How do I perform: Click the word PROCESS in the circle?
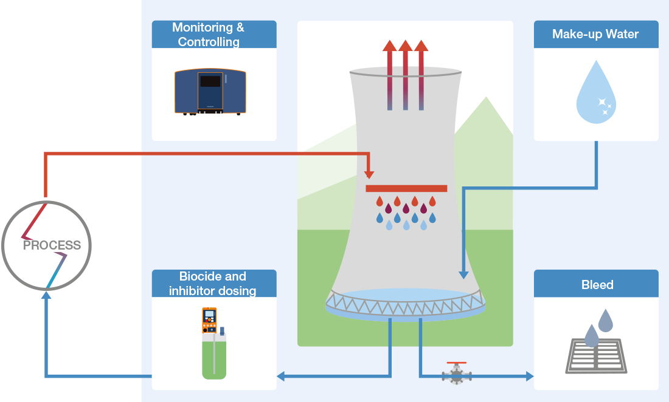(x=52, y=245)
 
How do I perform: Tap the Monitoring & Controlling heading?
(x=209, y=35)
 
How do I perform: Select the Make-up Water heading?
(x=595, y=34)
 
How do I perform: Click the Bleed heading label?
(x=597, y=284)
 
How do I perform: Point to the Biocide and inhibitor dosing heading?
(x=213, y=284)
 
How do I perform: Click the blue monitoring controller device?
(x=210, y=91)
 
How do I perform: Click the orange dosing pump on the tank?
(x=209, y=320)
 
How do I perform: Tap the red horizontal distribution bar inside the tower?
(x=406, y=188)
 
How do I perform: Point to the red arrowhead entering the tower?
(x=369, y=175)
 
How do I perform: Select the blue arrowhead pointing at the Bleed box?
(x=529, y=376)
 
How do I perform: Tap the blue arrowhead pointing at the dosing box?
(x=282, y=376)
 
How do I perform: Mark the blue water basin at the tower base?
(x=406, y=298)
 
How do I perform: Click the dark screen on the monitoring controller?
(x=210, y=81)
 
